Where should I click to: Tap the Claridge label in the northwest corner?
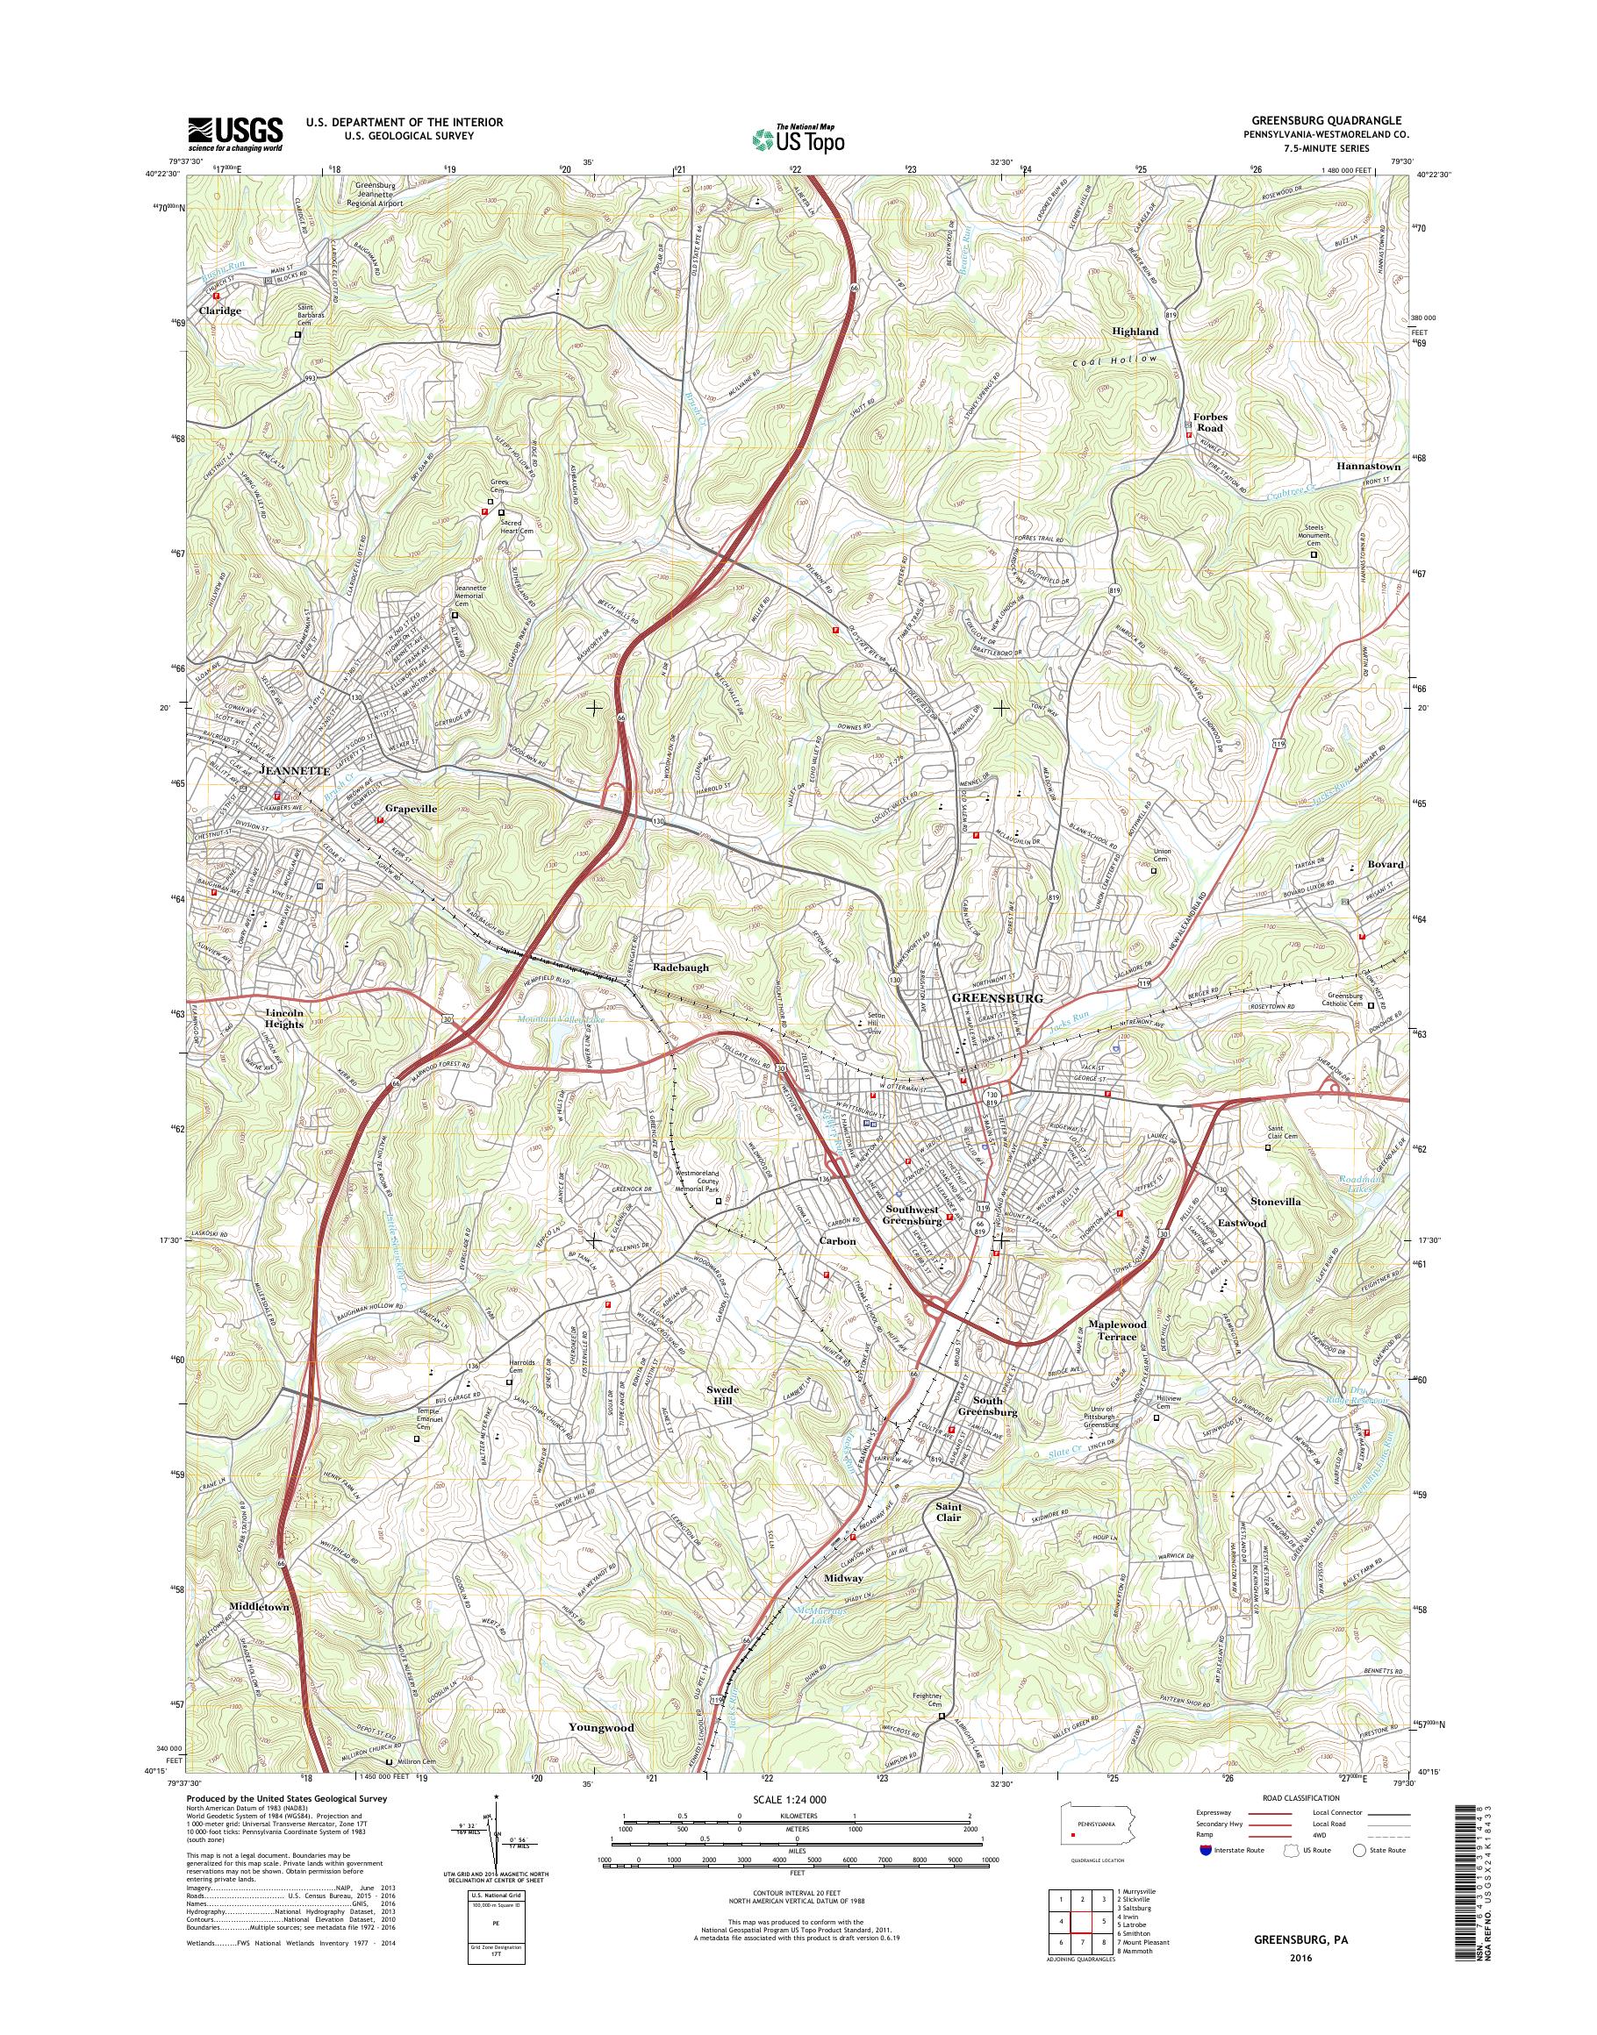pos(219,311)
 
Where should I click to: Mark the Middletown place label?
pos(259,1605)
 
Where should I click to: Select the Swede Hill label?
pos(723,1420)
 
